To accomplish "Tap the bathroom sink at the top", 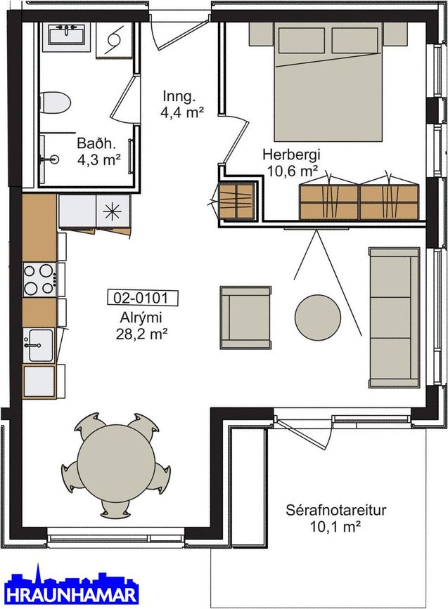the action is tap(66, 34).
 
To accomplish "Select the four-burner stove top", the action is tap(39, 279).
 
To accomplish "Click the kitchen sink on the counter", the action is tap(39, 345).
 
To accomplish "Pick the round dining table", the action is tap(115, 464).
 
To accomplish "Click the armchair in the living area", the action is tap(245, 317).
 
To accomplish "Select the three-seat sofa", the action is tap(395, 317).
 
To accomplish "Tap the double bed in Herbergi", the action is tap(328, 81).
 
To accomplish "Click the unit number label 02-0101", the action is tap(142, 298).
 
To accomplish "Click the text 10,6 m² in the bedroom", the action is tap(293, 170).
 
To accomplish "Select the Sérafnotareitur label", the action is tap(336, 510).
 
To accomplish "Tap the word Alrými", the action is tap(141, 318).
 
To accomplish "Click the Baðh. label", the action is tap(96, 143).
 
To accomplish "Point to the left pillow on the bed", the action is tap(302, 40).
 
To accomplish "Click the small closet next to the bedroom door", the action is tap(236, 200).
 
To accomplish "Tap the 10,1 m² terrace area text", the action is tap(335, 527).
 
